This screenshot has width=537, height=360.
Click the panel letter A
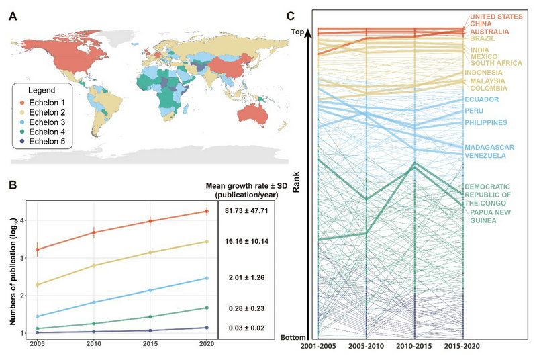tap(13, 17)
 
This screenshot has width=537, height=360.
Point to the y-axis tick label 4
tap(22, 220)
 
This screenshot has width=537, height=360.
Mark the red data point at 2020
tap(207, 211)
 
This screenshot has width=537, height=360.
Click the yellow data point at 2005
tap(37, 285)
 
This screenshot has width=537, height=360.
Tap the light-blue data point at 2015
tap(150, 290)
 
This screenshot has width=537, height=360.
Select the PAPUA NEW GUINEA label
tap(487, 216)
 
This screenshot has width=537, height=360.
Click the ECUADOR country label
tap(482, 100)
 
